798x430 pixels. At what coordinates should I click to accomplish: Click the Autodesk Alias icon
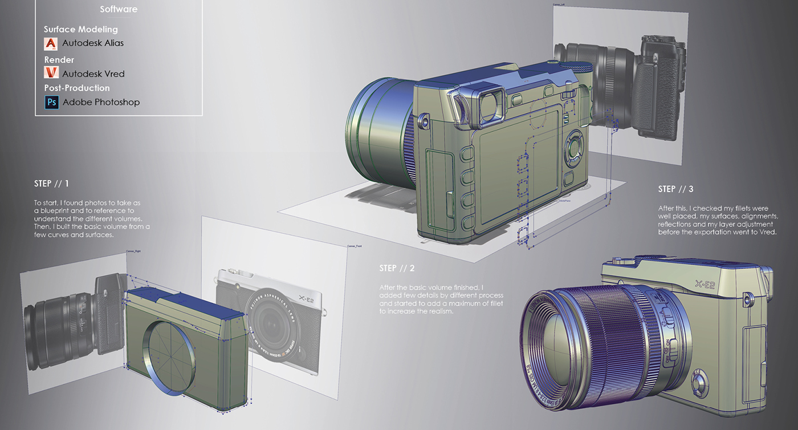pyautogui.click(x=51, y=43)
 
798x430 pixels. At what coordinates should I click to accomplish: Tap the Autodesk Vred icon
pyautogui.click(x=51, y=73)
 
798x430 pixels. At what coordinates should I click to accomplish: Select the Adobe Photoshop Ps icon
pyautogui.click(x=51, y=102)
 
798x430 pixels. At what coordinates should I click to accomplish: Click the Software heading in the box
pyautogui.click(x=119, y=9)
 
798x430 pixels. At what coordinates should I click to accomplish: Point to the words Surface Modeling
pyautogui.click(x=81, y=29)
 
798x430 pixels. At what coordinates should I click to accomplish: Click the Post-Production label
pyautogui.click(x=77, y=88)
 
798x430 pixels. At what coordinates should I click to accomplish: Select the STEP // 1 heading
pyautogui.click(x=51, y=184)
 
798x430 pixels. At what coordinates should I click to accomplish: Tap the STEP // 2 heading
pyautogui.click(x=397, y=268)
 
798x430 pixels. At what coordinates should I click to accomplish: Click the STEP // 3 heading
pyautogui.click(x=675, y=189)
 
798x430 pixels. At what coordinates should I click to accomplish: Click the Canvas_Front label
pyautogui.click(x=354, y=246)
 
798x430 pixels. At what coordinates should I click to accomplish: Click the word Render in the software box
pyautogui.click(x=59, y=59)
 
